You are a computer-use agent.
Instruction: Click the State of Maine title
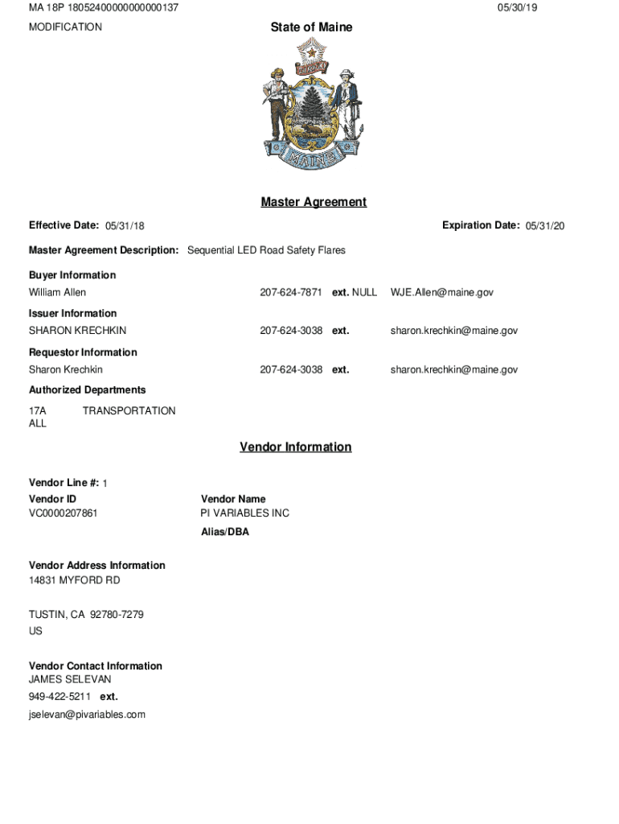(311, 27)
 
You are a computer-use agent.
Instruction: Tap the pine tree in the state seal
(311, 105)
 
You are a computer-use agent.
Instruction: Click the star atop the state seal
(310, 52)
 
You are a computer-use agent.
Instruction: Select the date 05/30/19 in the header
(517, 8)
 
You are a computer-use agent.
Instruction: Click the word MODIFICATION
(65, 27)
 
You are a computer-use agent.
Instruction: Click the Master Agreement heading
(314, 202)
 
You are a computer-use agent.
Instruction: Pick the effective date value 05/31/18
(125, 226)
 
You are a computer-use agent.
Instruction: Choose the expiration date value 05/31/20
(545, 226)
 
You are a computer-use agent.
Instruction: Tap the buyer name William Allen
(57, 292)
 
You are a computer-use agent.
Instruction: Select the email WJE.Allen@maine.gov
(441, 292)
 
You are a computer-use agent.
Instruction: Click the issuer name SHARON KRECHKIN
(77, 331)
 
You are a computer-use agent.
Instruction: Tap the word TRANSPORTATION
(129, 410)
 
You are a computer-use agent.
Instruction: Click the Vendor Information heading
(295, 447)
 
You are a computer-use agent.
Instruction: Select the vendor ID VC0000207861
(64, 513)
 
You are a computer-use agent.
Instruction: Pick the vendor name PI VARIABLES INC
(244, 513)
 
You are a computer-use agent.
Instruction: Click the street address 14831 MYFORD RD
(74, 580)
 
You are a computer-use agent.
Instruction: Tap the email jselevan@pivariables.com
(87, 715)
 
